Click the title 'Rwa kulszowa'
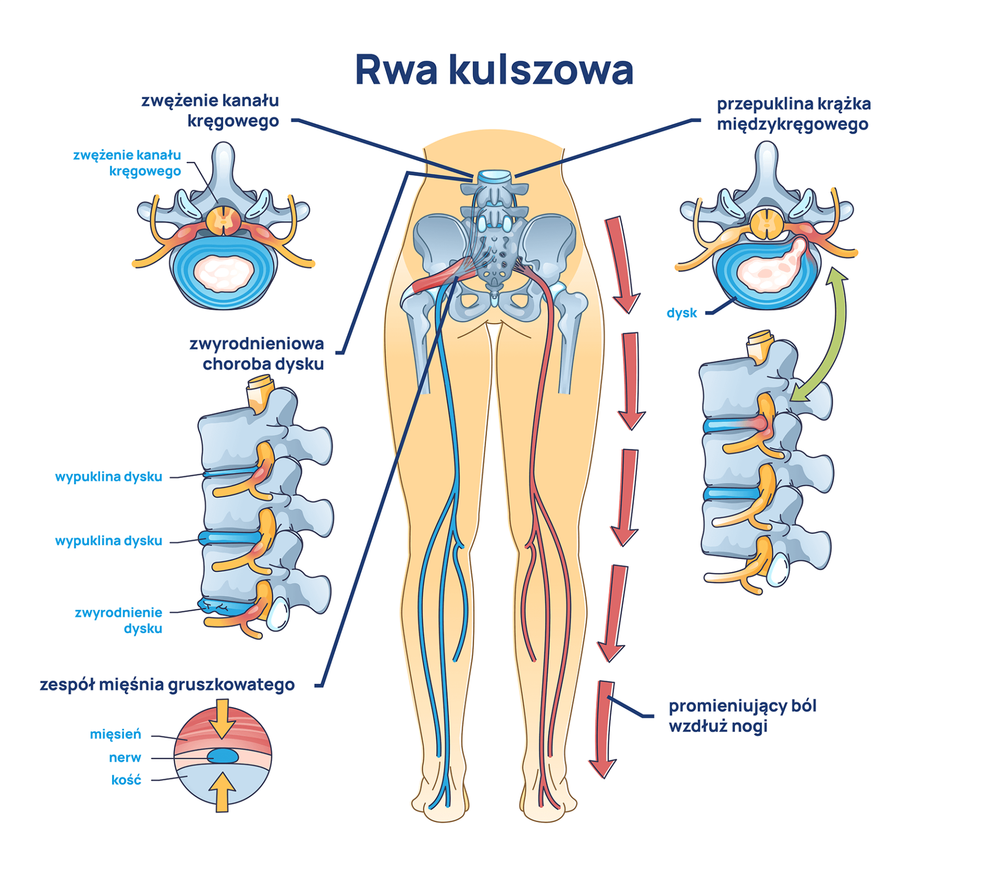494,70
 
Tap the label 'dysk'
681,313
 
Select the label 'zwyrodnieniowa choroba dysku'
257,354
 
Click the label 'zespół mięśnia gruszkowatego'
167,685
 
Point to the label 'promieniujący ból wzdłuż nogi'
742,716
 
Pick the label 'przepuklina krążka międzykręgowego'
793,114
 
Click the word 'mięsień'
115,734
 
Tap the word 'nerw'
125,757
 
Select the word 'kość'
126,780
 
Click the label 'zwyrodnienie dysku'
119,620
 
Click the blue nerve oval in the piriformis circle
223,756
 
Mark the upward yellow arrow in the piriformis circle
222,792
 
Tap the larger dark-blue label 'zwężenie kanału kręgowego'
210,110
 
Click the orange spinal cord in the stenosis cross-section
224,220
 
